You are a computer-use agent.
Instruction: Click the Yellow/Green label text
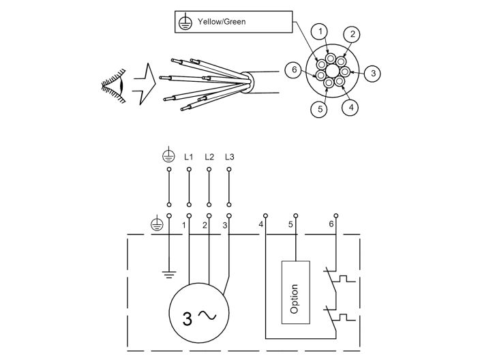(222, 21)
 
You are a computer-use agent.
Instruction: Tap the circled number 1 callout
(320, 31)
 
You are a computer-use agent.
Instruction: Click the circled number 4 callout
(350, 106)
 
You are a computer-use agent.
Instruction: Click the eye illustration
(114, 85)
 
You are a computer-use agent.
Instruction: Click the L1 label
(189, 157)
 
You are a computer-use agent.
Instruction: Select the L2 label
(209, 157)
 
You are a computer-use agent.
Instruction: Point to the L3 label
(229, 157)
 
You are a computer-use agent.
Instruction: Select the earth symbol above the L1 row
(168, 156)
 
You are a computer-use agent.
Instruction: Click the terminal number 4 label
(260, 224)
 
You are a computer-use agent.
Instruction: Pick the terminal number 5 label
(290, 224)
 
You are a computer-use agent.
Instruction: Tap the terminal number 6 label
(331, 224)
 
